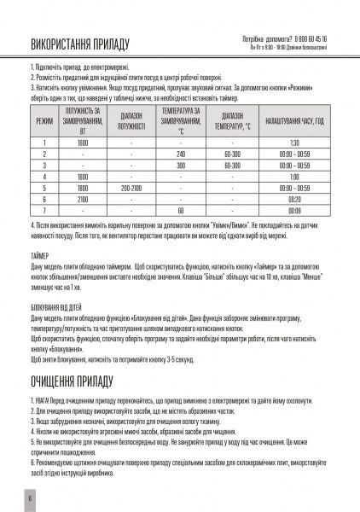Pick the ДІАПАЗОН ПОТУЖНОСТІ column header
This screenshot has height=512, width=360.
tap(131, 121)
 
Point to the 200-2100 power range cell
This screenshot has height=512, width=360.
tap(131, 186)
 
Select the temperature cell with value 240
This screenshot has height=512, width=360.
tap(181, 153)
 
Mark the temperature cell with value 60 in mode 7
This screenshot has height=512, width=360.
tap(181, 208)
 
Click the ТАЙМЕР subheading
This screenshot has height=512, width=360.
tap(39, 255)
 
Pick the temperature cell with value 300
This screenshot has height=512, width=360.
tap(181, 164)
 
